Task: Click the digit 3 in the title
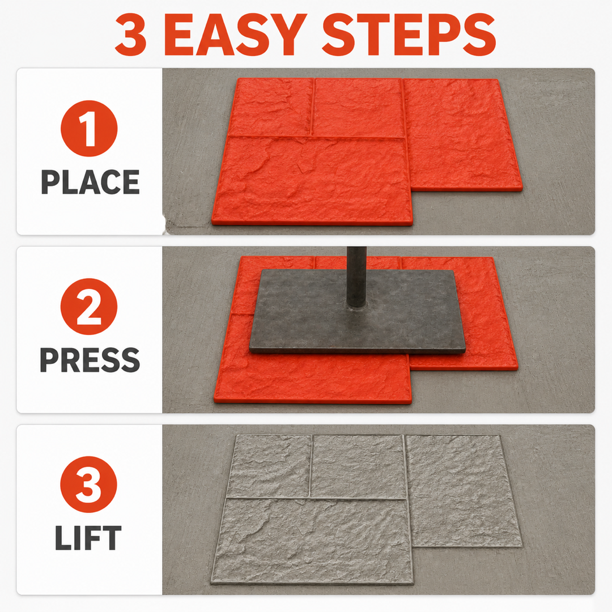131,35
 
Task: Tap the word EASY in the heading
235,35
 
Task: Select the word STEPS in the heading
409,35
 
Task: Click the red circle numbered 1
89,129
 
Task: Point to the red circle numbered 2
89,307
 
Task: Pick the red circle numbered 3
88,484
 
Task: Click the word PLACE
90,182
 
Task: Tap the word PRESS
90,359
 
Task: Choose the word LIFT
88,537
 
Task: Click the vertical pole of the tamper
356,277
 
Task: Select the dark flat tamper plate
358,311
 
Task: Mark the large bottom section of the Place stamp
313,180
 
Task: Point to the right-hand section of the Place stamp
463,135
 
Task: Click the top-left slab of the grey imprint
269,466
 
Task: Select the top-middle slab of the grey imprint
358,467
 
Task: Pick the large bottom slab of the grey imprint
312,541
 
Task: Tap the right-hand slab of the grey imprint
464,491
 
